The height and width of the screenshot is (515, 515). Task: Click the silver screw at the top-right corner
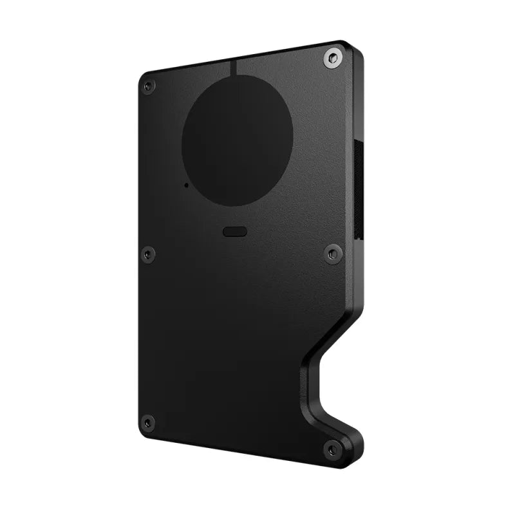(x=332, y=59)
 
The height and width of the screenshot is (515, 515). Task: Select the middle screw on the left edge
(x=148, y=254)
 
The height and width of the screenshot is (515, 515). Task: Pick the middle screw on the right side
(x=333, y=254)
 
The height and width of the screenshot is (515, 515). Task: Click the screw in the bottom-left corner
(x=148, y=423)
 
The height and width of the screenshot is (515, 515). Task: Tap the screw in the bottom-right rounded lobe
(x=333, y=449)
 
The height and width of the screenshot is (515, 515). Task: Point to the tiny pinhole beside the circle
(x=187, y=185)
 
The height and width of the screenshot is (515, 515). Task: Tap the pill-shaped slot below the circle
(x=235, y=232)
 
